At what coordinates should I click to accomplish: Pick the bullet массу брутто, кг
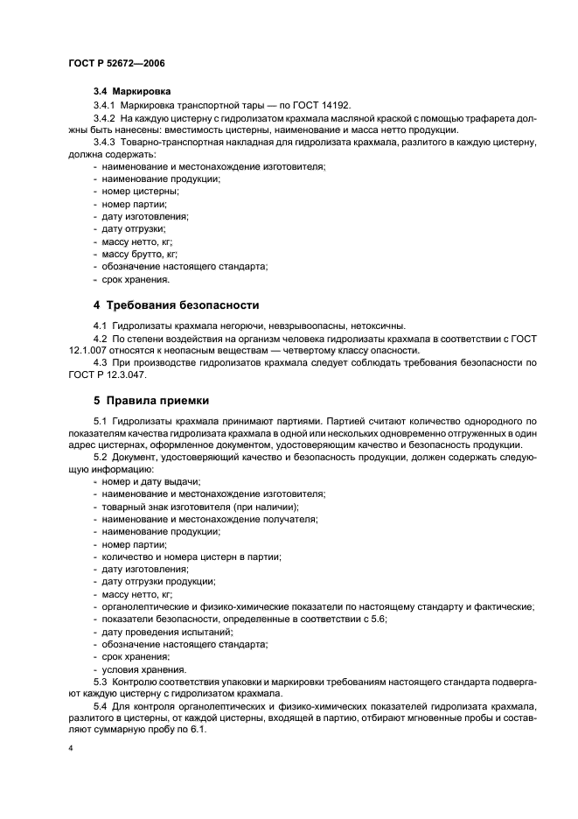[139, 254]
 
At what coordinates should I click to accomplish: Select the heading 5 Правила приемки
[150, 402]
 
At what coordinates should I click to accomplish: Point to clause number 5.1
[100, 422]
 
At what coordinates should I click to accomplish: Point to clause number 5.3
[100, 682]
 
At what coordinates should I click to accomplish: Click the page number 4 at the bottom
[69, 750]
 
